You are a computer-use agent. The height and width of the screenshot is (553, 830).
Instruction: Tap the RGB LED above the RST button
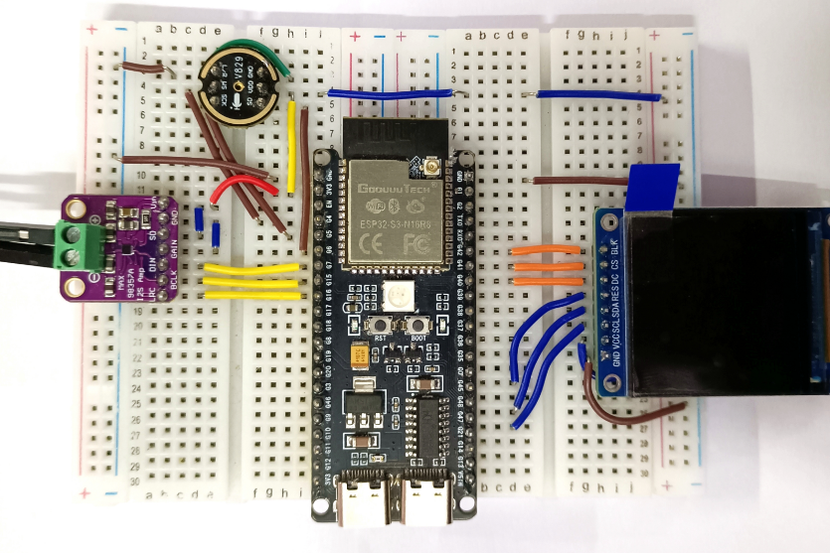pyautogui.click(x=391, y=296)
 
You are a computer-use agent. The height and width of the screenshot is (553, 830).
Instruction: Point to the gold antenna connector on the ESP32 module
pyautogui.click(x=432, y=165)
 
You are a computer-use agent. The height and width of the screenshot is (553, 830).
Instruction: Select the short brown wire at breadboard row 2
pyautogui.click(x=143, y=68)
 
